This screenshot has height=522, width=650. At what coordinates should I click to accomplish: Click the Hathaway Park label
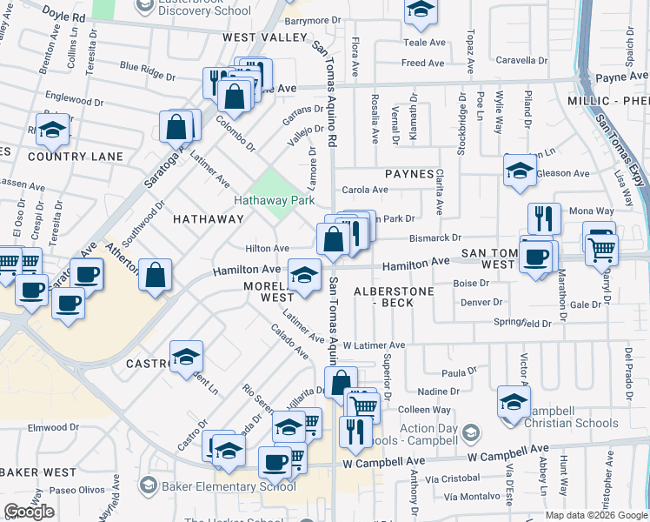point(274,200)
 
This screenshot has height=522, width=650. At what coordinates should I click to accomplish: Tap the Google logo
point(29,512)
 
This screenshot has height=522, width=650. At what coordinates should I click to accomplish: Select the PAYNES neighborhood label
point(409,174)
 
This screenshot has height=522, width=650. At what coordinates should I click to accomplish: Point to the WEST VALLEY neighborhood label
point(265,37)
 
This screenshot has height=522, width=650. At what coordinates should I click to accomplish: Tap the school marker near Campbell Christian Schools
point(514,401)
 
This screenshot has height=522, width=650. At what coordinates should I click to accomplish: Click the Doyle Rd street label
point(67,17)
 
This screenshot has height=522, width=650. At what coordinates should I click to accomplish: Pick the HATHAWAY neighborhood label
point(209,219)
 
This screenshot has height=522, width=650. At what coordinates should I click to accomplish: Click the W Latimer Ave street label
point(374,345)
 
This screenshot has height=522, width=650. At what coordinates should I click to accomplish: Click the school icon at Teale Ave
point(421,10)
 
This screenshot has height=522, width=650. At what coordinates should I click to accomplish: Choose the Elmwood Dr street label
point(53,428)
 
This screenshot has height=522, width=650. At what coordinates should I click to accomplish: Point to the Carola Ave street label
point(365,190)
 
